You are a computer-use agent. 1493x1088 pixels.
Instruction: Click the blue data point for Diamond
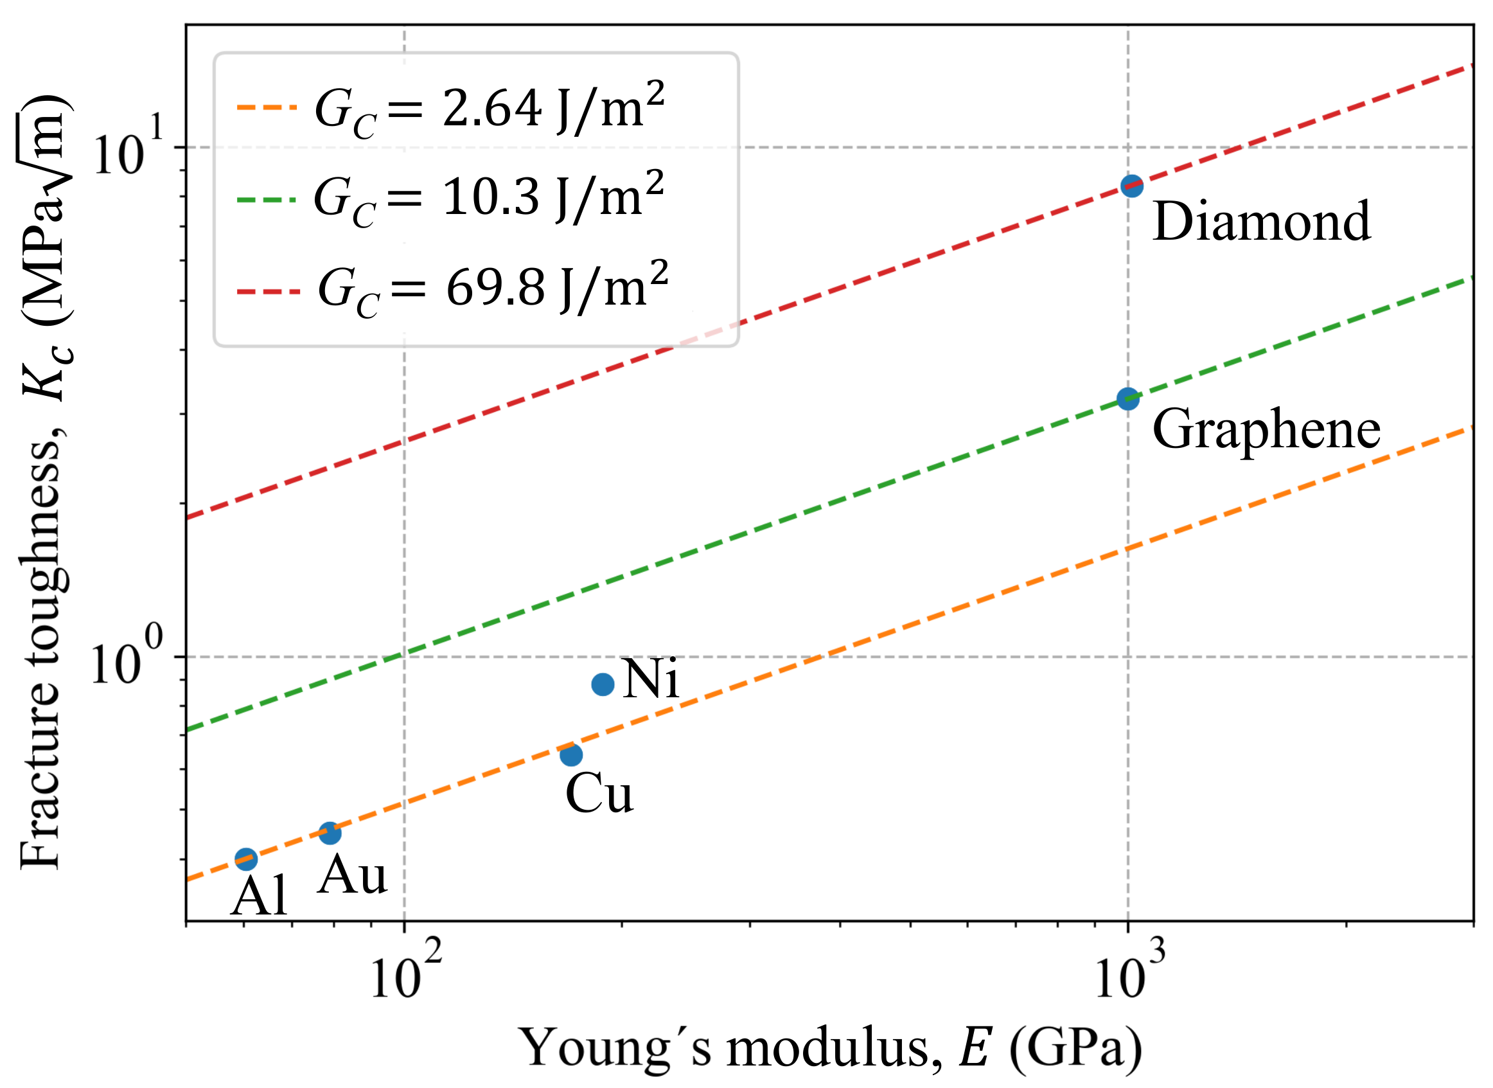tap(1131, 186)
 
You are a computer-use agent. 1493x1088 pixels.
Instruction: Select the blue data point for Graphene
tap(1127, 398)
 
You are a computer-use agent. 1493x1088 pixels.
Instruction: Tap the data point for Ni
tap(603, 684)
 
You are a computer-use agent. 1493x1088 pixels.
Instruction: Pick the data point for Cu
tap(570, 754)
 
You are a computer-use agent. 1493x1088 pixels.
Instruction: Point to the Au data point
tap(330, 833)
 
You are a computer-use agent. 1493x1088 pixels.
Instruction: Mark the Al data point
tap(245, 859)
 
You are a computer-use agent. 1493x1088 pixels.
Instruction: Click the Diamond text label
tap(1261, 222)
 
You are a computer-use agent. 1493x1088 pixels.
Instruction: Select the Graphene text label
tap(1266, 430)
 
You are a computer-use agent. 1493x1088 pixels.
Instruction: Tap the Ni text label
tap(650, 679)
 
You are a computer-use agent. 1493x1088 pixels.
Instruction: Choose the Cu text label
tap(599, 794)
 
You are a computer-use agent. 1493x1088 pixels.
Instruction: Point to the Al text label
tap(259, 897)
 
